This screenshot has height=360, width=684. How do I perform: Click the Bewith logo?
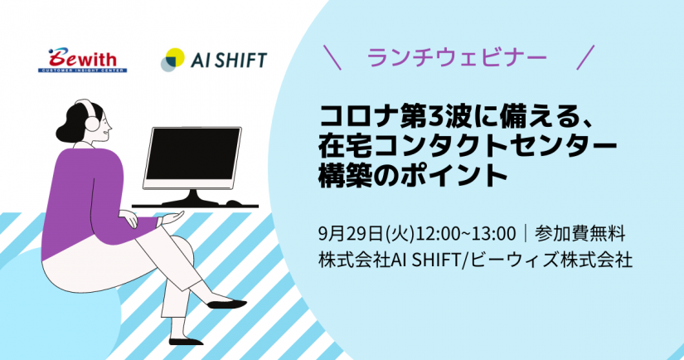tap(82, 61)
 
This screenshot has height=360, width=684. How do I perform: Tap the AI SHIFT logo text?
tap(229, 60)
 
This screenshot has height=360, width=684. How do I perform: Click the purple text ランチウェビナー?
tap(457, 57)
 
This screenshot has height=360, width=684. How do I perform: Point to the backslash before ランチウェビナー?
tap(332, 57)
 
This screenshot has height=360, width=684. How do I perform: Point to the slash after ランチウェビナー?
tap(585, 57)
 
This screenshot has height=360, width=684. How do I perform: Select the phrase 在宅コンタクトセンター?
tap(468, 147)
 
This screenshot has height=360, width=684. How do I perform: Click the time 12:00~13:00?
tap(465, 234)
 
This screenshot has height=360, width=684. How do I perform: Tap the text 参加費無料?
tap(580, 234)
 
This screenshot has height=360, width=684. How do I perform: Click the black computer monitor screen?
tap(193, 154)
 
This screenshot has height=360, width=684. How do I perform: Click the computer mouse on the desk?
tap(234, 203)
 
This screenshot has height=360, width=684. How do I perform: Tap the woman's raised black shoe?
tap(226, 304)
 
